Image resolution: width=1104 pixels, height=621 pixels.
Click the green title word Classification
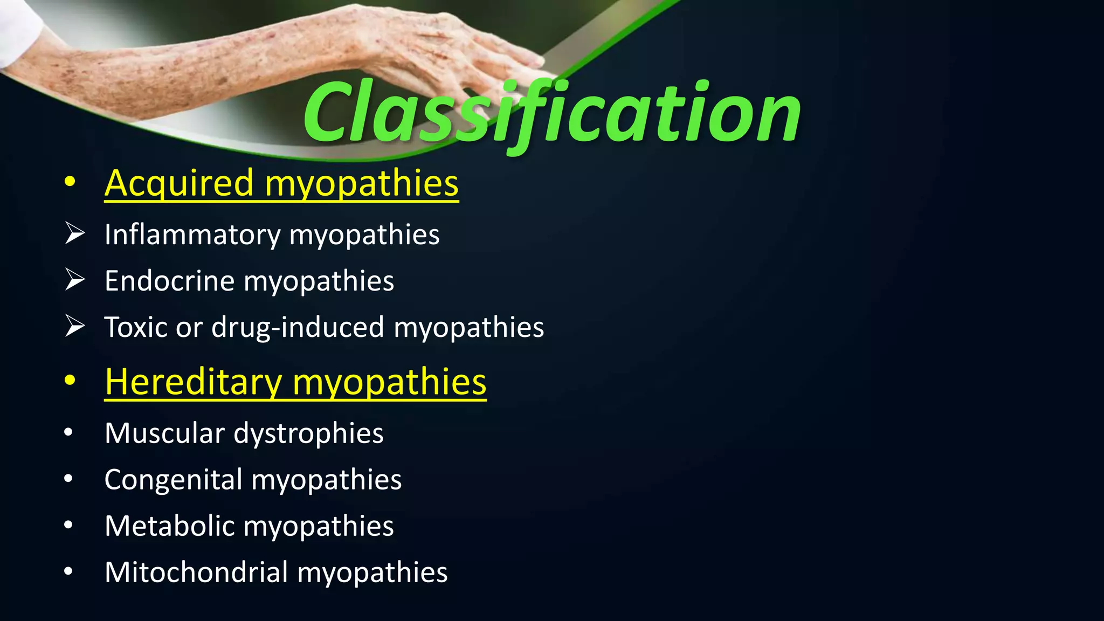coord(552,113)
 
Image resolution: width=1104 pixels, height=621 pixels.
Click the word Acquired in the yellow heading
coord(179,183)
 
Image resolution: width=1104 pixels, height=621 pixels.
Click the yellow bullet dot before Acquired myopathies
coord(69,183)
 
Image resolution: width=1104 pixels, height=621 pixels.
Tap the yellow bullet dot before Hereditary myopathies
coord(69,381)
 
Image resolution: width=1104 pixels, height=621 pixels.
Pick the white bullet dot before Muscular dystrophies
coord(68,432)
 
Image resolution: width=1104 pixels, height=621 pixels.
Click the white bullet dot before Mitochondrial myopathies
coord(68,571)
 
